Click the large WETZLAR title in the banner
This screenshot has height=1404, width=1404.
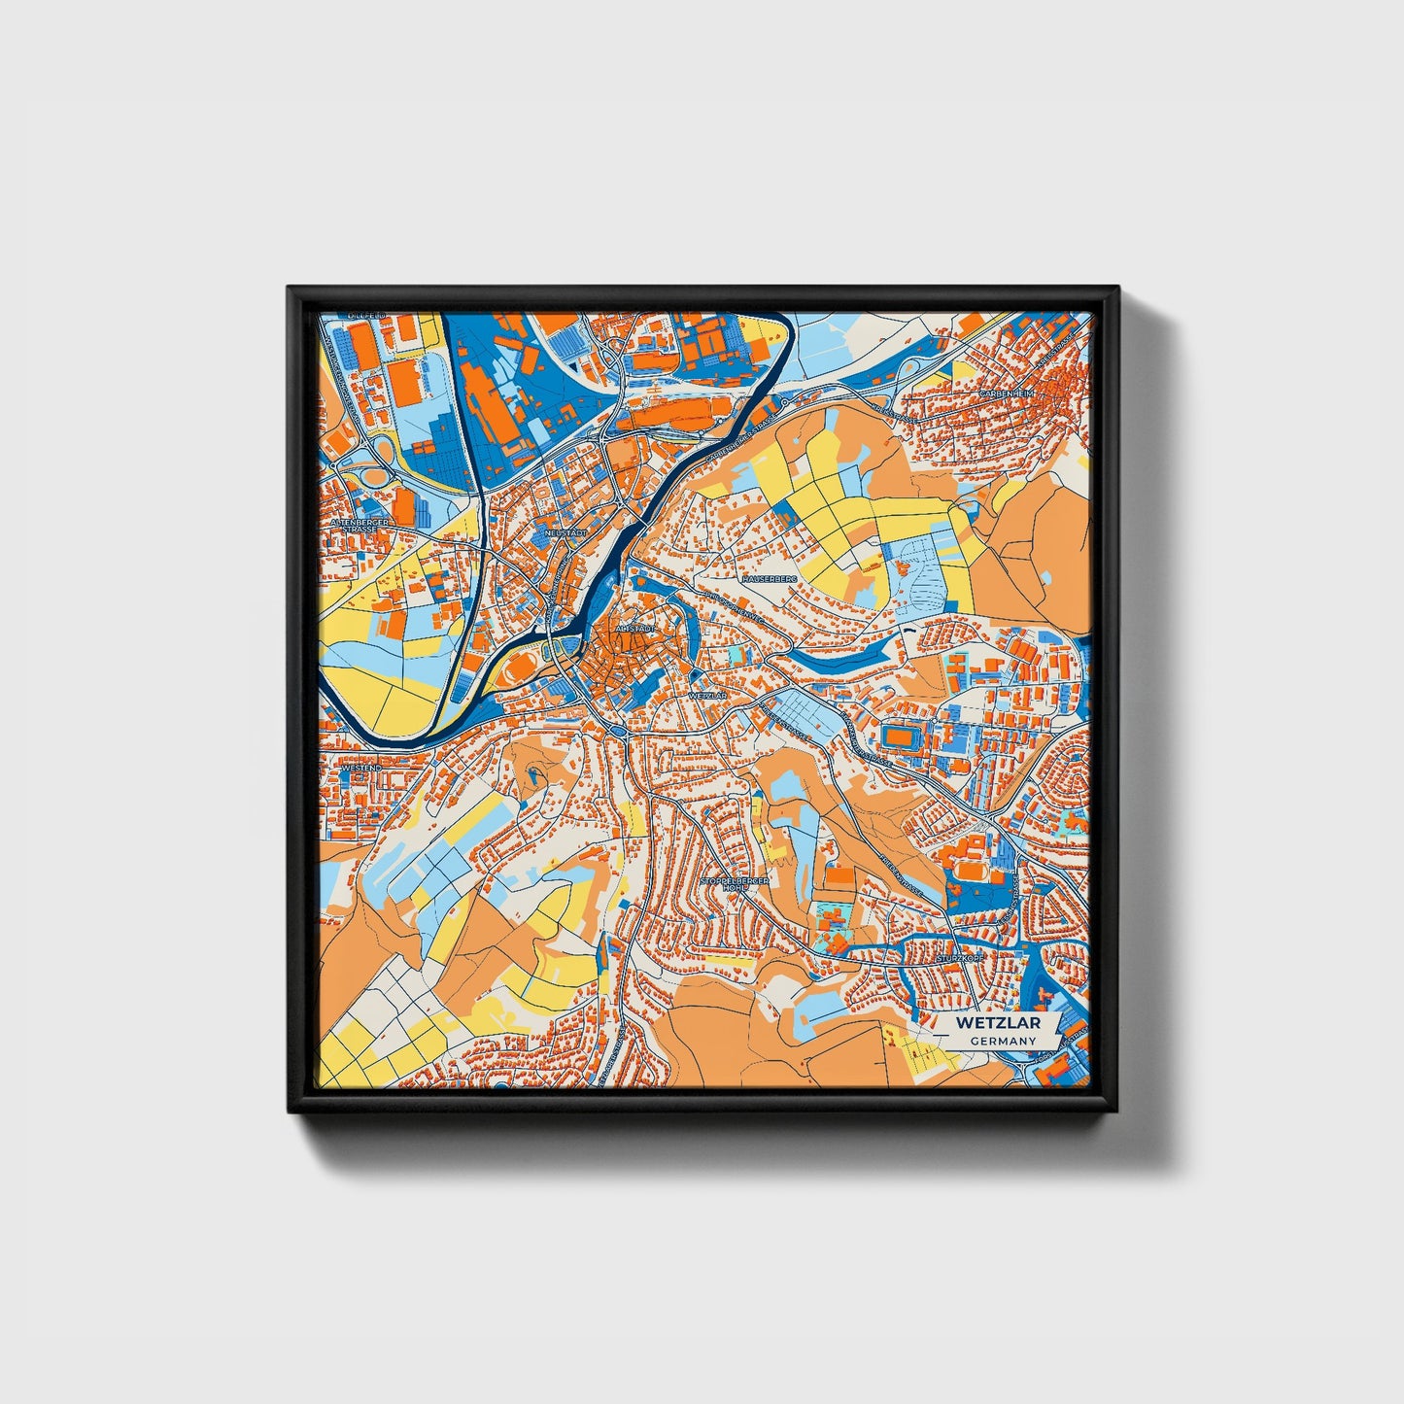tap(997, 1023)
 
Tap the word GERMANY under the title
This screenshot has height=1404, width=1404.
tap(1003, 1041)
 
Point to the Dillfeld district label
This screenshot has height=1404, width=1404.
tap(367, 317)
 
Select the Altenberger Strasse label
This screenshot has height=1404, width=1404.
tap(360, 526)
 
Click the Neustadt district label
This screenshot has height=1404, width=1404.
tap(566, 532)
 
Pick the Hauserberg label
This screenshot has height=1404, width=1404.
tap(770, 578)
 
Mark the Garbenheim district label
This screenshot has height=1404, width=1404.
tap(1007, 394)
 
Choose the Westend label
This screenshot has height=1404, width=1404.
tap(361, 768)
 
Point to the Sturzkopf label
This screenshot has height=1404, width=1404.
tap(960, 958)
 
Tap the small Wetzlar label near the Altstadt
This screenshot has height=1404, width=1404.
tap(706, 697)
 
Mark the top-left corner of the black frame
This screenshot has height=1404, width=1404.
tap(289, 288)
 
